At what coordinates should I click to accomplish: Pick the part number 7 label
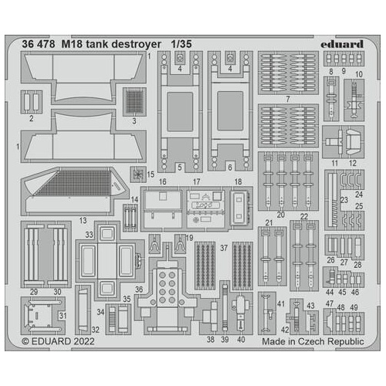coord(288,99)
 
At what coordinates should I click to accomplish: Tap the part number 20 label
coord(281,214)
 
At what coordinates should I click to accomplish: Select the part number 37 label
coord(223,248)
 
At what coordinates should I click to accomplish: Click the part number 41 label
coord(281,303)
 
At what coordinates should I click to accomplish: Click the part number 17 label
coord(198,181)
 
